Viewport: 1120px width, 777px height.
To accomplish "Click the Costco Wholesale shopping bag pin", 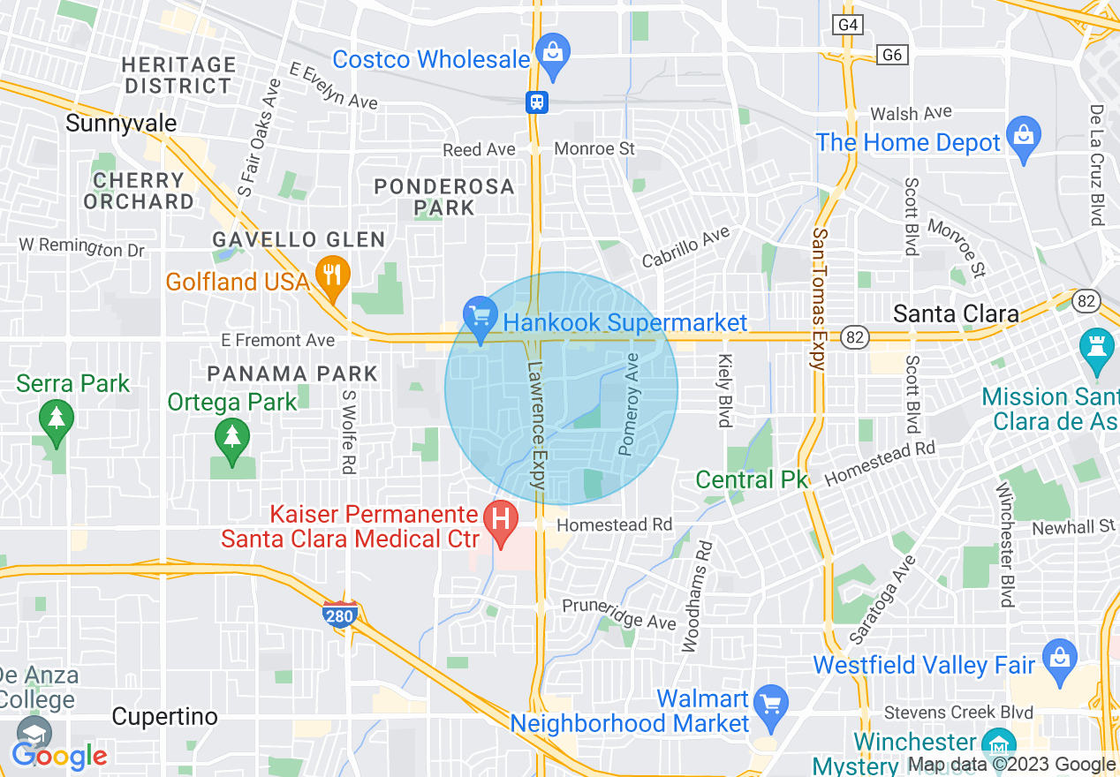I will [553, 53].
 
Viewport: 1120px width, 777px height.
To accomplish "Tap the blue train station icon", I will [537, 102].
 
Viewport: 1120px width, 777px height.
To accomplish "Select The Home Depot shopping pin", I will [1024, 137].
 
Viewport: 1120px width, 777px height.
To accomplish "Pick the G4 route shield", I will [848, 24].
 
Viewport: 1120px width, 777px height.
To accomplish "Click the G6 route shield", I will [893, 55].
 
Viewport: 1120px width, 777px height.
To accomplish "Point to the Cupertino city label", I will [165, 716].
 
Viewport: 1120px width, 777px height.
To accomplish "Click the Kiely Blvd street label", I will [726, 390].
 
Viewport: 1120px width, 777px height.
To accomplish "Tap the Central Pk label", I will [752, 479].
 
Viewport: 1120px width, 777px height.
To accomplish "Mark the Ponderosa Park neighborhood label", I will [444, 197].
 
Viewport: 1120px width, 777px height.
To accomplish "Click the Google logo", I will [59, 756].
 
